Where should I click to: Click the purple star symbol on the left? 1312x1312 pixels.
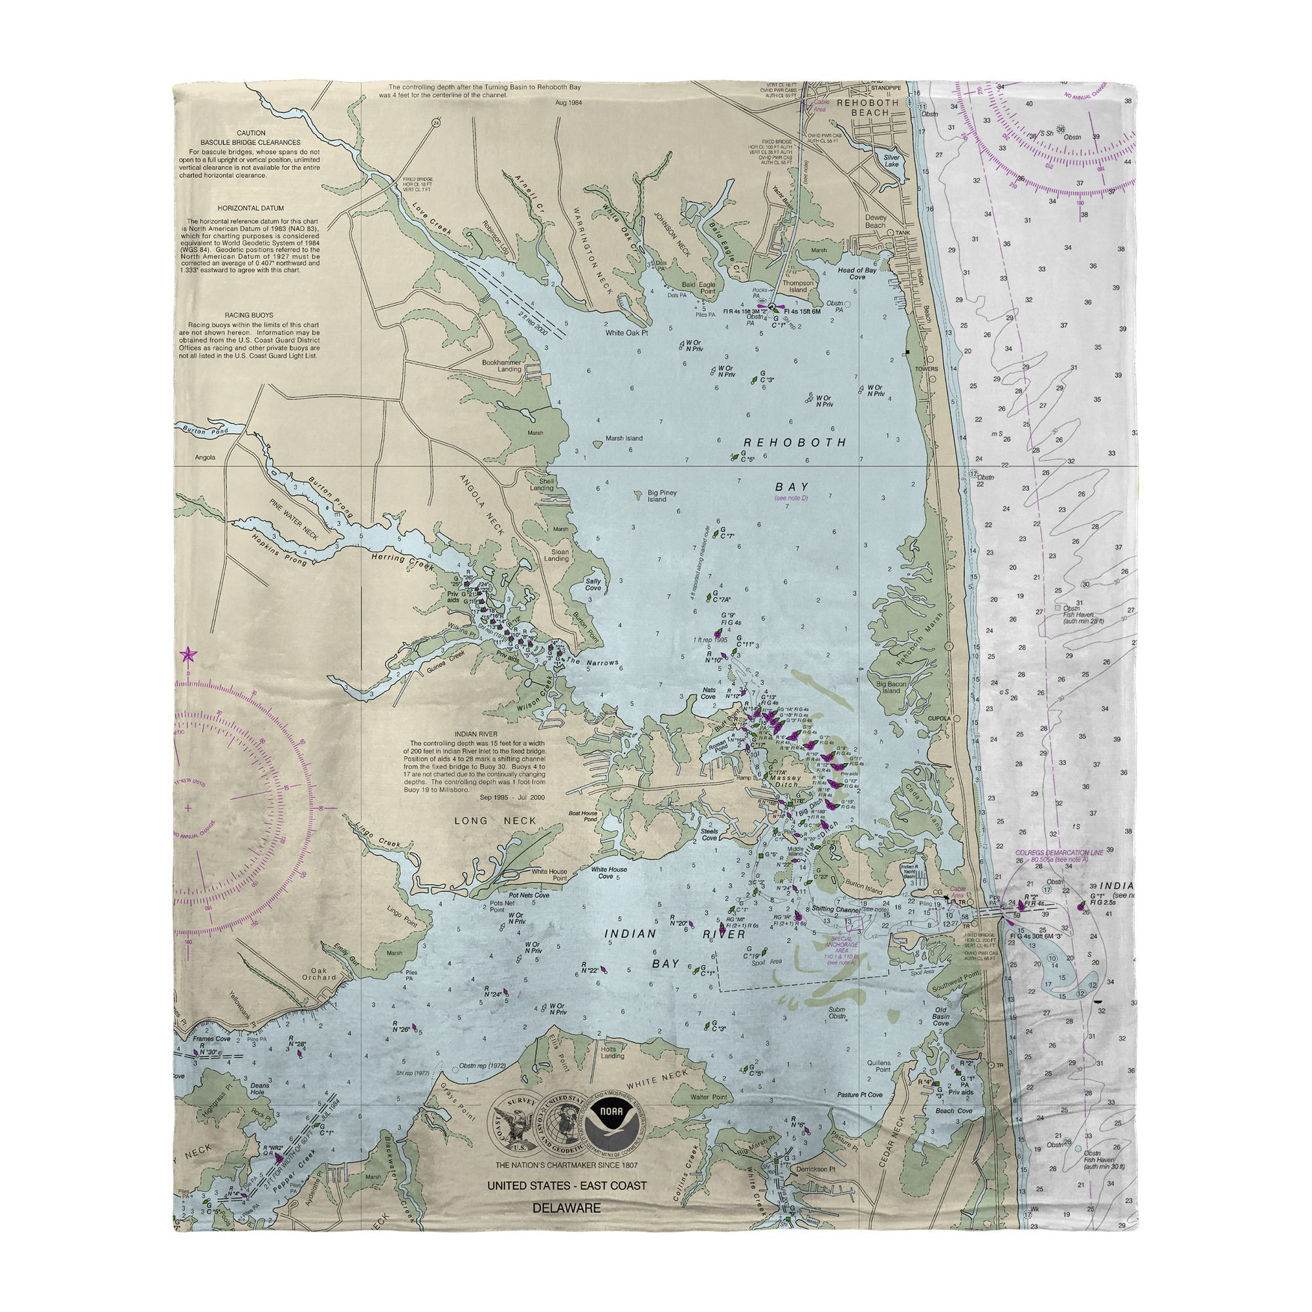[188, 655]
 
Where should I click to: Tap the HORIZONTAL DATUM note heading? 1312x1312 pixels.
[251, 208]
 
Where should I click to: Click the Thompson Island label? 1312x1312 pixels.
[798, 287]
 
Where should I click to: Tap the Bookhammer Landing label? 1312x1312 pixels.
[501, 365]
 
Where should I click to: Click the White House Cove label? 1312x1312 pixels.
[609, 872]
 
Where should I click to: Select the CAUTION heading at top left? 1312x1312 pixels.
[251, 133]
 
